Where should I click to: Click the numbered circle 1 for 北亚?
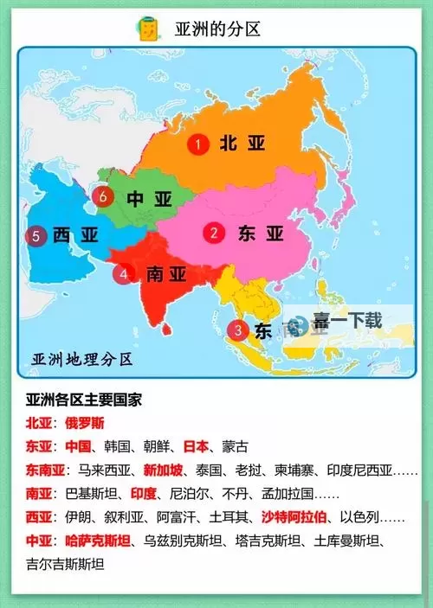click(200, 144)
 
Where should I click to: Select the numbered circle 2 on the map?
click(214, 233)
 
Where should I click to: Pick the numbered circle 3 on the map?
click(236, 330)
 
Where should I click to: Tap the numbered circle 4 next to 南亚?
click(125, 274)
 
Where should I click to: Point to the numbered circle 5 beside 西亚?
click(36, 235)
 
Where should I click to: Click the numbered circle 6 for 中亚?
click(105, 197)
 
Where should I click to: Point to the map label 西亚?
click(74, 234)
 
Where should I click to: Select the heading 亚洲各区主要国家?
click(85, 401)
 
